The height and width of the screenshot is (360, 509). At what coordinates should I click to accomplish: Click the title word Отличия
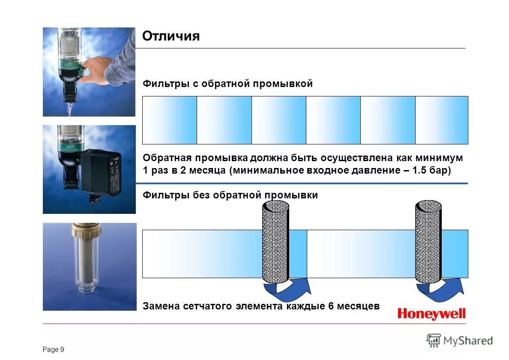(x=171, y=36)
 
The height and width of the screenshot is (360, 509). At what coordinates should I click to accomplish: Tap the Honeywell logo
(x=431, y=314)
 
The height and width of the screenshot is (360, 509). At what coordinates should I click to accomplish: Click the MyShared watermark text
(x=468, y=341)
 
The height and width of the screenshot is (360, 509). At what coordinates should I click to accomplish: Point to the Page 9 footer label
(x=54, y=350)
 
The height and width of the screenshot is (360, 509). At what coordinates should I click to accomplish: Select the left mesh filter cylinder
(x=275, y=242)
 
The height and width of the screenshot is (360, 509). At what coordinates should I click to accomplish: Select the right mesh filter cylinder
(x=428, y=242)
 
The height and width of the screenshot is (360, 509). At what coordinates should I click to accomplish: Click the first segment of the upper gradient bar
(x=170, y=120)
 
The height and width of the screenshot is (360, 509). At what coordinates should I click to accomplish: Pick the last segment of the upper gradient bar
(x=441, y=120)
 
